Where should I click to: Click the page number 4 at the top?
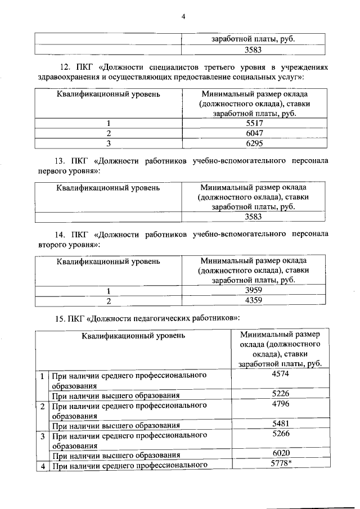[x=183, y=16]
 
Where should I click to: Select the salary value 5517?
[x=254, y=123]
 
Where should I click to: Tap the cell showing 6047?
[x=254, y=133]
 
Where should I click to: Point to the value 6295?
[x=254, y=143]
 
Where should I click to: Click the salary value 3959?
[x=254, y=290]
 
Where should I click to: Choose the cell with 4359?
[x=254, y=300]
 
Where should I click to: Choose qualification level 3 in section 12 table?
[x=108, y=143]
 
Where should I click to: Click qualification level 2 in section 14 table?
[x=108, y=300]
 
